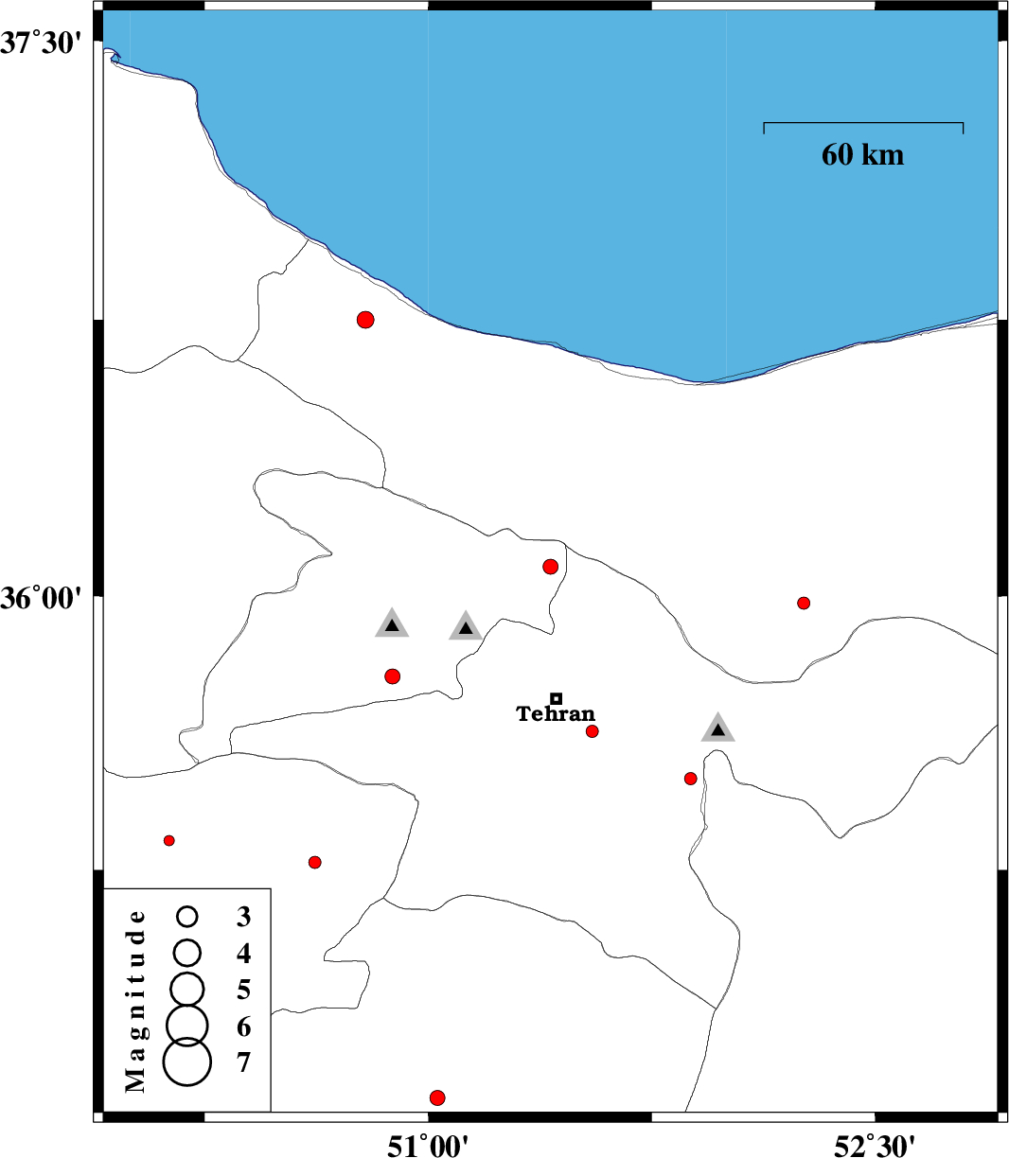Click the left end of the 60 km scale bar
[x=765, y=122]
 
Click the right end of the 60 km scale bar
[x=964, y=122]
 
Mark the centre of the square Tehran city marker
[x=556, y=698]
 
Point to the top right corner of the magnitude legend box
[x=271, y=888]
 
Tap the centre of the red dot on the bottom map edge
[x=437, y=1098]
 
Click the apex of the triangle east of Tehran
[x=718, y=712]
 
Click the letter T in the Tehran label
[x=523, y=713]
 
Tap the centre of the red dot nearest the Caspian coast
[x=365, y=321]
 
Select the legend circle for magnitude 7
[x=186, y=1061]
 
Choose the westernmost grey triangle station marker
[x=392, y=623]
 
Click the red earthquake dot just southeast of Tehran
[x=593, y=731]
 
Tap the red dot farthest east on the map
[x=804, y=603]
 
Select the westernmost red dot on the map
[x=168, y=840]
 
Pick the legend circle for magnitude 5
[x=186, y=989]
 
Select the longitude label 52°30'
[x=875, y=1146]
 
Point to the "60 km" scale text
[x=863, y=154]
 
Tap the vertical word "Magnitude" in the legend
[x=135, y=1001]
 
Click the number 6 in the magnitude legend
[x=243, y=1026]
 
